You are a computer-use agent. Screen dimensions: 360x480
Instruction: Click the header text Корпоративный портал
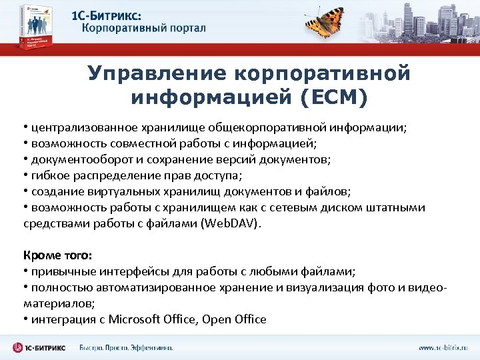pos(144,29)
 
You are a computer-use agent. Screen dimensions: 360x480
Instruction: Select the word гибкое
pos(46,175)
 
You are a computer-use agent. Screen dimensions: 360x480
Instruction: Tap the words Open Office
pos(235,319)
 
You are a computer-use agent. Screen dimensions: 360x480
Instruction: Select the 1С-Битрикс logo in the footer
pos(40,347)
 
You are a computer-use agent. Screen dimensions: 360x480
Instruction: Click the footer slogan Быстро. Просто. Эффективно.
pos(126,347)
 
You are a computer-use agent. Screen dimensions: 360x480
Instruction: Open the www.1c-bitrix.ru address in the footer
pos(443,347)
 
